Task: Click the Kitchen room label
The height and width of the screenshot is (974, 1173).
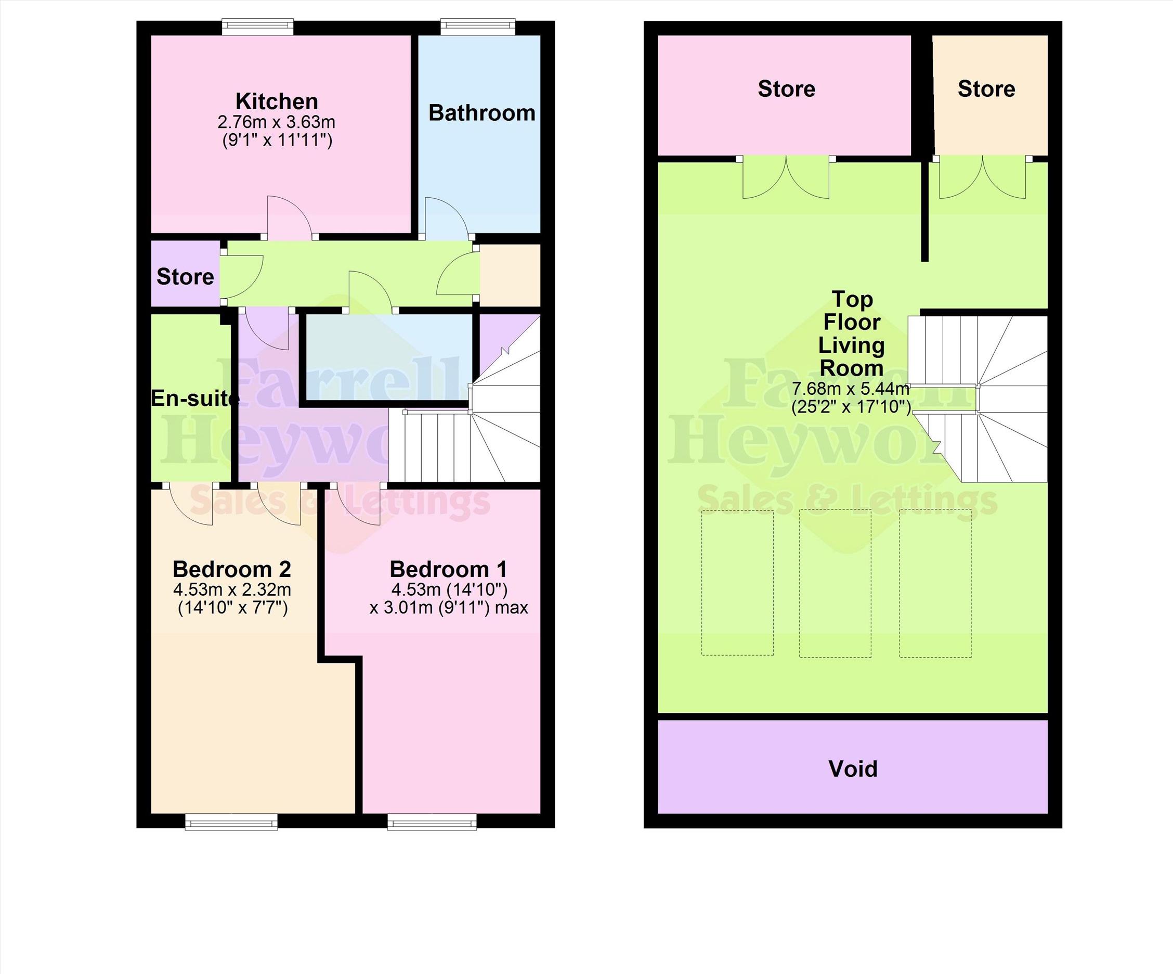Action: click(x=277, y=101)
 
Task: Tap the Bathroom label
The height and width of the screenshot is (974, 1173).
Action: click(x=481, y=113)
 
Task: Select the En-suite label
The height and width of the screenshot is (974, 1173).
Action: click(x=195, y=399)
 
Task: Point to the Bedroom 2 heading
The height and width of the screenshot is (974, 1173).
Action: click(x=232, y=569)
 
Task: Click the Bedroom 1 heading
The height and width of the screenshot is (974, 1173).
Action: click(x=449, y=569)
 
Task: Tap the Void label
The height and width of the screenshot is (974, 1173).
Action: click(x=853, y=769)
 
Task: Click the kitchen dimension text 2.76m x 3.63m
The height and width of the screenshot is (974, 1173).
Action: click(x=277, y=122)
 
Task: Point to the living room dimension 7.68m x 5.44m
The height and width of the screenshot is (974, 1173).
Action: click(x=850, y=388)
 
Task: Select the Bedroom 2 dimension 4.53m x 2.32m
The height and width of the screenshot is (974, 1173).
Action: click(x=232, y=589)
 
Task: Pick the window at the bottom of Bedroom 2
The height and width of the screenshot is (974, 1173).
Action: click(x=231, y=822)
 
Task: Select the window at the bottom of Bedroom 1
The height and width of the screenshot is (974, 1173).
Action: click(x=432, y=822)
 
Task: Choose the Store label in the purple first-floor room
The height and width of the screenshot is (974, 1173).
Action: click(x=185, y=277)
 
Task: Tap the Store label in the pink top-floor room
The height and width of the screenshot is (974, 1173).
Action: click(x=787, y=89)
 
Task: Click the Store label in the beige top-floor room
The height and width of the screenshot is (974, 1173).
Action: click(x=986, y=89)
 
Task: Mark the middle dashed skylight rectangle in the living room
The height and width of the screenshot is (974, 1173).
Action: click(x=835, y=583)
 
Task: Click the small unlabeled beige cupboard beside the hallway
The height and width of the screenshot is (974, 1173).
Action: click(x=510, y=275)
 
